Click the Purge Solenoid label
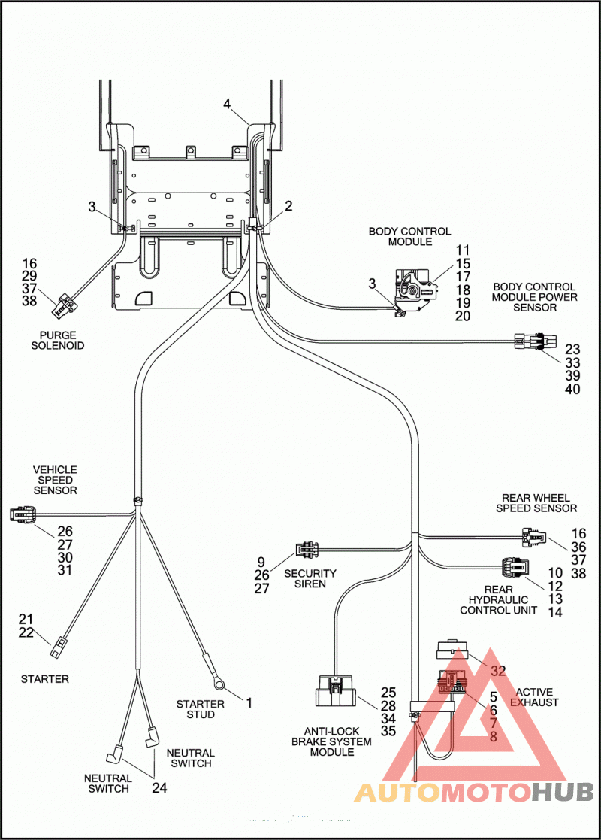[58, 340]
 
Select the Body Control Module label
[410, 236]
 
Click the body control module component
[416, 293]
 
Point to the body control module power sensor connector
[535, 341]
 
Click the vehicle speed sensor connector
[24, 515]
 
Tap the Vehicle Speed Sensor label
[55, 480]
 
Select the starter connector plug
[57, 647]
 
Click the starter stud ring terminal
[219, 682]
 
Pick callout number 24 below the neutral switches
[159, 787]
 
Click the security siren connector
[307, 550]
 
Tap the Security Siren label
[310, 578]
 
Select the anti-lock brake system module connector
[334, 691]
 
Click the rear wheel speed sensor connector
[533, 537]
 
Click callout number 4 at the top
[227, 103]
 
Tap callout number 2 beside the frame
[289, 206]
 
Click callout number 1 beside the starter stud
[249, 702]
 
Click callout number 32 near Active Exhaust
[498, 671]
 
